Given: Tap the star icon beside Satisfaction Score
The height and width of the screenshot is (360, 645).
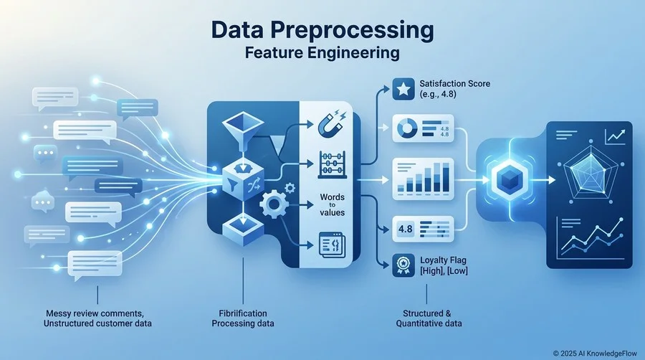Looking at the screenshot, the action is pos(403,89).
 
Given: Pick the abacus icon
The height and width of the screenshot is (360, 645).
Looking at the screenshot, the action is pos(333,164).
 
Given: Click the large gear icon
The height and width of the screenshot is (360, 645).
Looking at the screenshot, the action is pos(274,204).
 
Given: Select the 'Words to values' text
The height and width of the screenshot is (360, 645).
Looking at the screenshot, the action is pos(333,204).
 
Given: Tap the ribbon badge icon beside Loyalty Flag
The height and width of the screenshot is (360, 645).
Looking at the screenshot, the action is pos(403,265).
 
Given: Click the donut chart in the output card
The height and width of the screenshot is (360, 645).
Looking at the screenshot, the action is pos(407,128).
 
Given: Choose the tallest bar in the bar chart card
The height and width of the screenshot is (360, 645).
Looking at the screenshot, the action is pos(446,177).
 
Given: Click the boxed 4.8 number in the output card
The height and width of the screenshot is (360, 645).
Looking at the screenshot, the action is pos(405,228).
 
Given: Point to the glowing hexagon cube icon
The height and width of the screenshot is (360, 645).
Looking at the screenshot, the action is pos(510,180).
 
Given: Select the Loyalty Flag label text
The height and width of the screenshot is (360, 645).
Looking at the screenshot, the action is pos(443,260).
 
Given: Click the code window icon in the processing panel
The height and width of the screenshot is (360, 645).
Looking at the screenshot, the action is pos(333,245).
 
